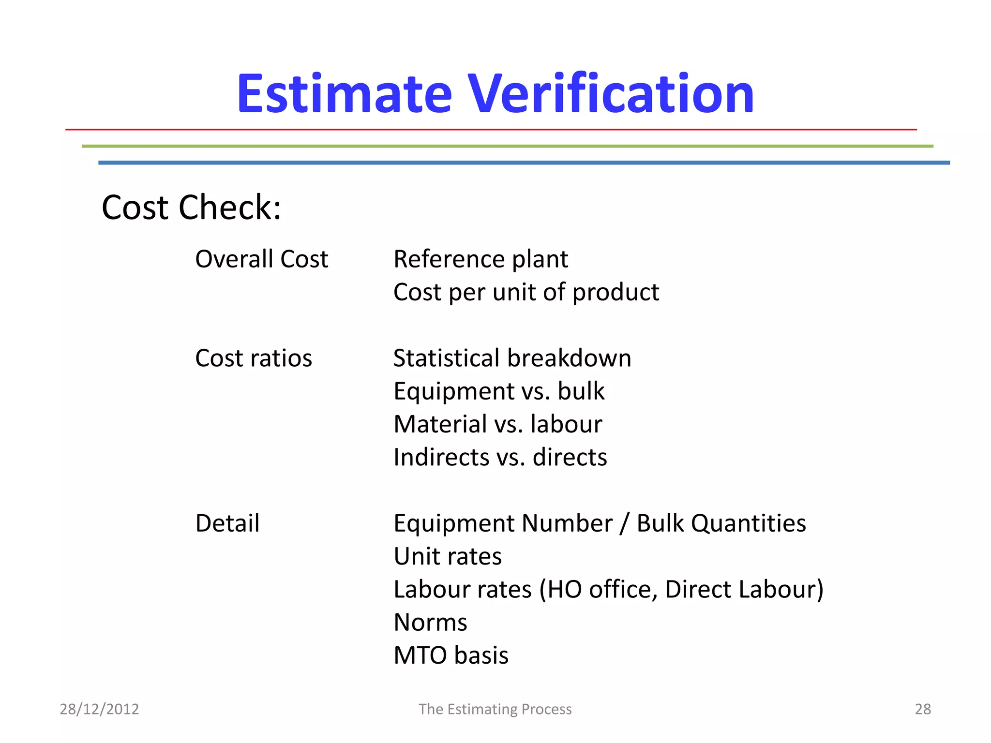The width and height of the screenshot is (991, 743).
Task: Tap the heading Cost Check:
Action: (x=191, y=208)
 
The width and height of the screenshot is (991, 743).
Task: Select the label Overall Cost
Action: (x=261, y=259)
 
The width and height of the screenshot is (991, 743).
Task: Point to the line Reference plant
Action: (x=480, y=259)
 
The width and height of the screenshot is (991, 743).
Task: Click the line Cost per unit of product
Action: (x=526, y=292)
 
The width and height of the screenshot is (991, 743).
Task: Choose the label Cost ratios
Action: (x=254, y=358)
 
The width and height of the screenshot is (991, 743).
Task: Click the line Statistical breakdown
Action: (x=512, y=358)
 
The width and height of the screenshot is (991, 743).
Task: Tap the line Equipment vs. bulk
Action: (x=499, y=391)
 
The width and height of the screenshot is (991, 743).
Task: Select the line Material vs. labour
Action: (x=497, y=424)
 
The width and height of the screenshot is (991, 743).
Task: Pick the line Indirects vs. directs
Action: (x=500, y=457)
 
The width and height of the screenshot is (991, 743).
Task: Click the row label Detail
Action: (x=227, y=523)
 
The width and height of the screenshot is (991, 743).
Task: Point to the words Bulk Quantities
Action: (x=721, y=523)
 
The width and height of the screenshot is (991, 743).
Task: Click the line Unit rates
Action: (x=448, y=556)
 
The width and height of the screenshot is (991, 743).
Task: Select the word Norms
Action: (x=430, y=623)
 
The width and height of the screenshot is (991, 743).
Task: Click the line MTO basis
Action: (x=451, y=655)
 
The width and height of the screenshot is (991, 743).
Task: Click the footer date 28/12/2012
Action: (x=99, y=709)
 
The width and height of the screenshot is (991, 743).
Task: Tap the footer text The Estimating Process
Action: (x=495, y=709)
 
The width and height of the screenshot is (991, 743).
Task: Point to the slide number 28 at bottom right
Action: (x=922, y=709)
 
